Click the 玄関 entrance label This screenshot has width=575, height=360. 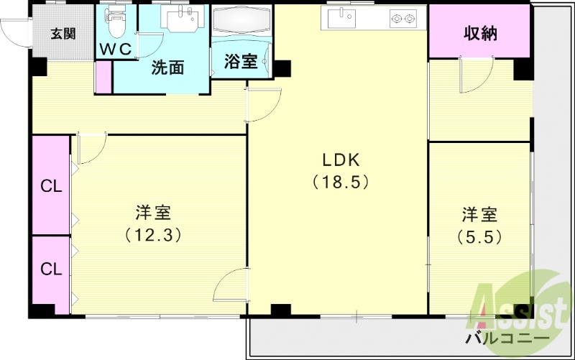coord(63,32)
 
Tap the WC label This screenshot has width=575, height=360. coord(116,50)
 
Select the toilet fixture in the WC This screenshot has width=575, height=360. coord(115,22)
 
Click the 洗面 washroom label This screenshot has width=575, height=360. coord(167,68)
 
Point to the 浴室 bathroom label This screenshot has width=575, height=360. coord(240,61)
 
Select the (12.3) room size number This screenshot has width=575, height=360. coord(152,234)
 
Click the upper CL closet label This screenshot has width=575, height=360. coord(50,187)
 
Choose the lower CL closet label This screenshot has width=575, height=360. coord(50,269)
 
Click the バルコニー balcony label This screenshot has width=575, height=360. coord(507,338)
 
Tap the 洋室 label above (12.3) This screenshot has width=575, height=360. coord(152,213)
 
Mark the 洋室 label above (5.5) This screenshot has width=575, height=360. coord(479,214)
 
